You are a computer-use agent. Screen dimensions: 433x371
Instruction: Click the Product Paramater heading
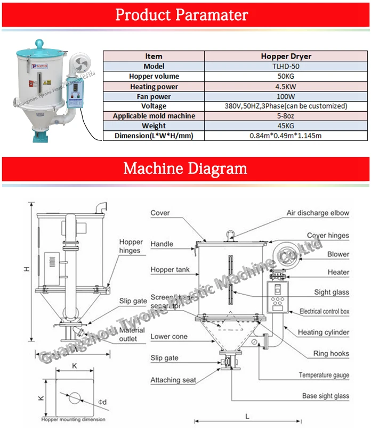182,14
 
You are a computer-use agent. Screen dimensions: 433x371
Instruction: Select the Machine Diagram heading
185,169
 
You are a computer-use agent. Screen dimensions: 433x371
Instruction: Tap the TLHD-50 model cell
286,66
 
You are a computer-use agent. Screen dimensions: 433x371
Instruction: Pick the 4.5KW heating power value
286,86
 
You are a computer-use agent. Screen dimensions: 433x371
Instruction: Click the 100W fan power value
286,96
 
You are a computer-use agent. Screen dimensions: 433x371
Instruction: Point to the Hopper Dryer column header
286,56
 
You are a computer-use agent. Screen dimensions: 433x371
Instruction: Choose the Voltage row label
154,106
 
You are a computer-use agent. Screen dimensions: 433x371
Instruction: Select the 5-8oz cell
286,116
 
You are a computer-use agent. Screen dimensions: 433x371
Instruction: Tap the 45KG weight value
286,126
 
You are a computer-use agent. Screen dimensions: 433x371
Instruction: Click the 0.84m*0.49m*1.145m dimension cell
286,136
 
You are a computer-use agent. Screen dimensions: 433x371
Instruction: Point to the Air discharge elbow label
318,213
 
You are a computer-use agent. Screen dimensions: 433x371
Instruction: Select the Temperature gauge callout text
324,375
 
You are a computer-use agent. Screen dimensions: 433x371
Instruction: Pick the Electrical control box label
324,312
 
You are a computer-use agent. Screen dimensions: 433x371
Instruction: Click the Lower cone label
168,337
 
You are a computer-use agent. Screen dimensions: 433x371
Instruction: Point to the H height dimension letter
26,270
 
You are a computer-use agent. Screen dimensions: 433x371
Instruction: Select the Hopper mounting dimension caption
73,420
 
